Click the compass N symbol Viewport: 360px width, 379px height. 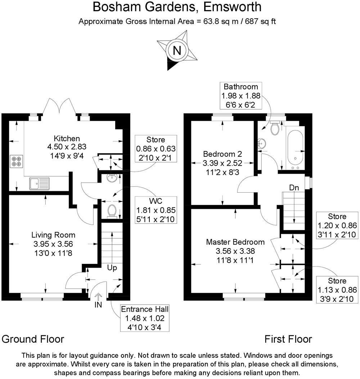click(x=177, y=50)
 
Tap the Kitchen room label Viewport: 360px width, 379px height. click(x=67, y=138)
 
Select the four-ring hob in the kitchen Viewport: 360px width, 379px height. click(x=16, y=161)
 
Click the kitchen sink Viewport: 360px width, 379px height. click(x=40, y=183)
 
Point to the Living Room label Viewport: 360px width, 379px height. click(x=53, y=235)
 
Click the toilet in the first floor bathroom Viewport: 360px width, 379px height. click(x=275, y=128)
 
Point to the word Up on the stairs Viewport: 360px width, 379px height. click(x=112, y=268)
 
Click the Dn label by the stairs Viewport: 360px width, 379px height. click(x=294, y=187)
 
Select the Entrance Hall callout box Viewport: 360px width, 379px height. click(x=144, y=318)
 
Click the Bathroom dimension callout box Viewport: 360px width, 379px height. click(x=241, y=95)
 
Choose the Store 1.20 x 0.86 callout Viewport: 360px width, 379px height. click(x=337, y=226)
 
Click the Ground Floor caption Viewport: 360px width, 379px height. click(x=33, y=339)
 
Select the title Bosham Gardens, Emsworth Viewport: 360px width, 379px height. click(x=177, y=7)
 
